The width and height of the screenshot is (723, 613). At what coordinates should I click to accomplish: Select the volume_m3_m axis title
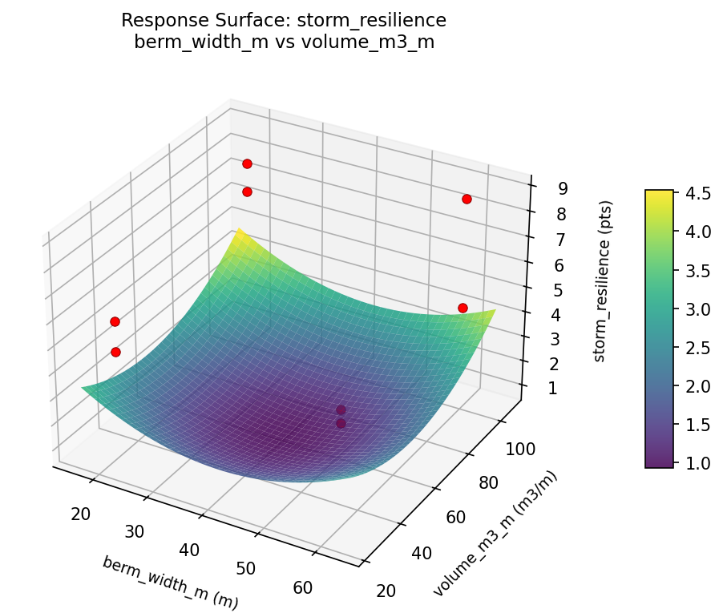tap(495, 534)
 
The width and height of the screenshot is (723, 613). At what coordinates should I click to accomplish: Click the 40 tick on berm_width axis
tap(190, 550)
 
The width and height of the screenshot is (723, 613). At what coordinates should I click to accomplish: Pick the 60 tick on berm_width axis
tap(303, 587)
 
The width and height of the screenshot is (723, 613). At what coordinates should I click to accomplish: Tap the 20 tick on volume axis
tap(386, 591)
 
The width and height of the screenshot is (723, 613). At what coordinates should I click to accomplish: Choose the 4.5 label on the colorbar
tap(697, 193)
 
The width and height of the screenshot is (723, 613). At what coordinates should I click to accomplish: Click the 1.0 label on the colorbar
tap(697, 463)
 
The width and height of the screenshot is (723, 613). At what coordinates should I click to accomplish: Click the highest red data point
tap(247, 163)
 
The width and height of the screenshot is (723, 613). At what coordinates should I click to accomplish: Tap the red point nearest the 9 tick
tap(467, 199)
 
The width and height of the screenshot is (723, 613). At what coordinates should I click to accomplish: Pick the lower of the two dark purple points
tap(341, 423)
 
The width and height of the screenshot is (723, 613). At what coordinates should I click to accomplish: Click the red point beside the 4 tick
tap(462, 308)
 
